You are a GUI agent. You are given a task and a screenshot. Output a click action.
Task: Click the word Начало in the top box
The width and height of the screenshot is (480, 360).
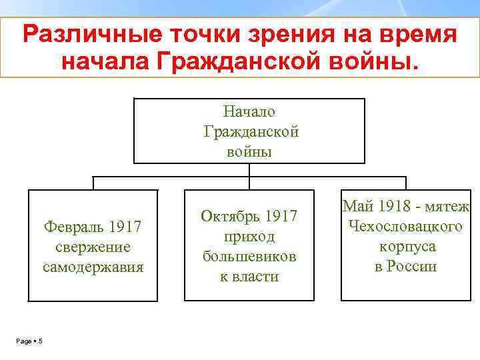250,112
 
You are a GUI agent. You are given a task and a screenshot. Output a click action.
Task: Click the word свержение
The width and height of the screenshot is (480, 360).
93,247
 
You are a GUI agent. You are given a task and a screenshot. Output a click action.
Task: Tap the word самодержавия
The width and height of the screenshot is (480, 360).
93,267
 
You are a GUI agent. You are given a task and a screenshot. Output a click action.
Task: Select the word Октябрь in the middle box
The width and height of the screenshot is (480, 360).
231,217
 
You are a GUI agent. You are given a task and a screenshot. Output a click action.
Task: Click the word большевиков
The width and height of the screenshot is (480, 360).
249,257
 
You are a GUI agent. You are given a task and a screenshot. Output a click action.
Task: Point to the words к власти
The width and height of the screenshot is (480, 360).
249,277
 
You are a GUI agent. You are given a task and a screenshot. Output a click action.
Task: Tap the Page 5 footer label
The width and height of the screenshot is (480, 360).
29,342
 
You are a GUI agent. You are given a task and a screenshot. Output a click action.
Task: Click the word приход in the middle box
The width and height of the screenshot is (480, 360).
249,237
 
